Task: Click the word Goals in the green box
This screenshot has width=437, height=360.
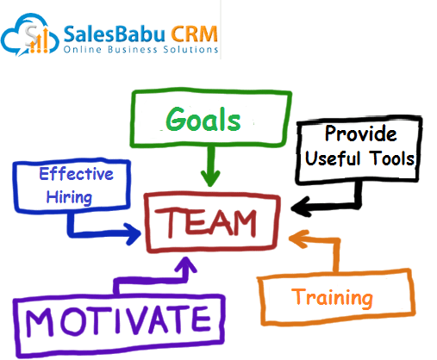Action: pos(203,120)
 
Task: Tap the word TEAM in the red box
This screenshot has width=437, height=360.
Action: pos(206,222)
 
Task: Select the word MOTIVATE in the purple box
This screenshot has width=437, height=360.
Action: pos(118,320)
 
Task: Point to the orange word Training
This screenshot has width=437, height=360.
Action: pos(332,298)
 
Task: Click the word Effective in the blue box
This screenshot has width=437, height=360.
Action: pos(76,174)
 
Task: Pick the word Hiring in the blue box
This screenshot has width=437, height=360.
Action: pos(69,197)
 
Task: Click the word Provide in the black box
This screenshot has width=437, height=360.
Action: pos(361,133)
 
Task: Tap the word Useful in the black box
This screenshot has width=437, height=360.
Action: pos(333,158)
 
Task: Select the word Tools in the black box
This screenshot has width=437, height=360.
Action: pos(392,158)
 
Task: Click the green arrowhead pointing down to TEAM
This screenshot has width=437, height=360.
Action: pos(210,178)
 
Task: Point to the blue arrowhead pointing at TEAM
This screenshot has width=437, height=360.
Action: pos(133,233)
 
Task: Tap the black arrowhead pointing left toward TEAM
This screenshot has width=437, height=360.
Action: pos(300,208)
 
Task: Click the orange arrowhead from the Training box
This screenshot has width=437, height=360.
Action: pos(297,239)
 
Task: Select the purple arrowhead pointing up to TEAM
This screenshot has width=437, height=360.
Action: pos(186,264)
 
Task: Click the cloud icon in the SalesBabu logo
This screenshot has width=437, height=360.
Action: pos(30,34)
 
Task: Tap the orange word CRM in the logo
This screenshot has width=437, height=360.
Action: pos(195,34)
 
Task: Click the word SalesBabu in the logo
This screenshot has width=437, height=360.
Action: pos(115,34)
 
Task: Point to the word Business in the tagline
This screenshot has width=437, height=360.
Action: pos(133,49)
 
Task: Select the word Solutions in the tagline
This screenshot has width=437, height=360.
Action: pos(190,49)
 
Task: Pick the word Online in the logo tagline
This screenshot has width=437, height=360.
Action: pos(83,49)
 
